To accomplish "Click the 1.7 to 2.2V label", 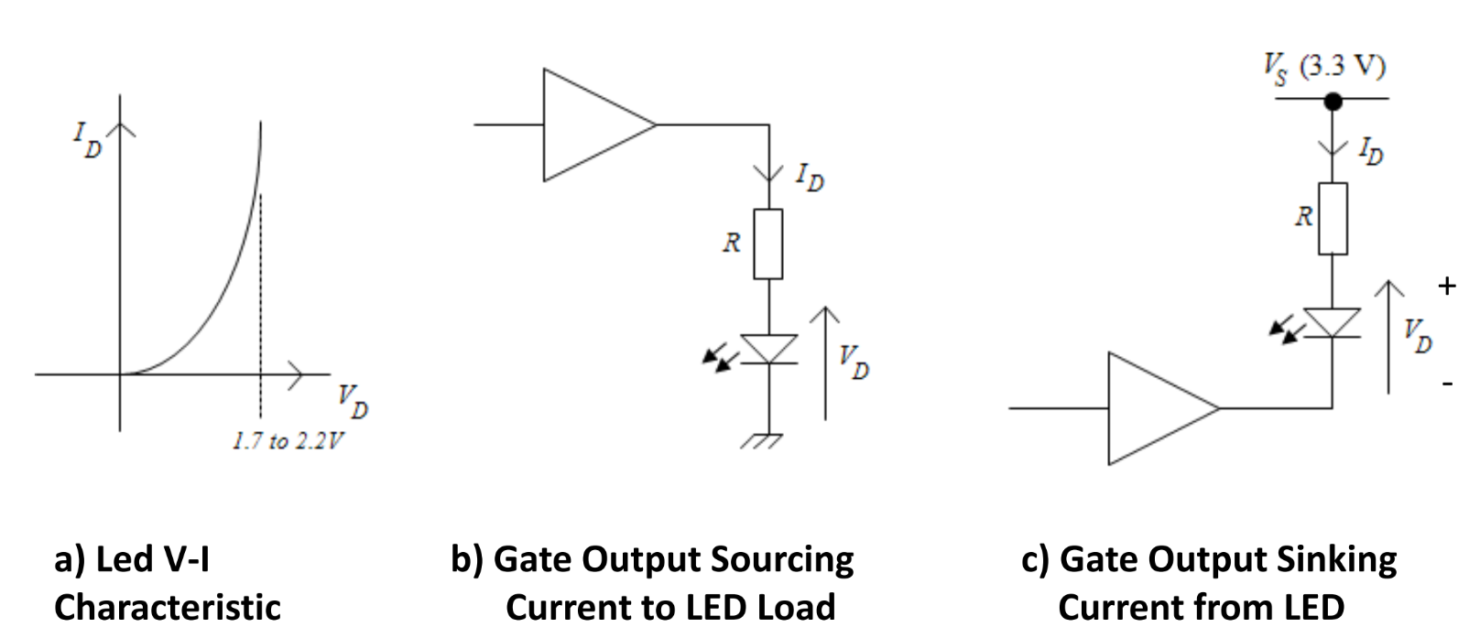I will (x=288, y=441).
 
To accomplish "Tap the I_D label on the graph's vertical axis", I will (x=88, y=139).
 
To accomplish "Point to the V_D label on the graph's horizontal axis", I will (x=353, y=401).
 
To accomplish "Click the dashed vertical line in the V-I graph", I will (x=261, y=302).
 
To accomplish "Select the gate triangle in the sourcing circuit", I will (x=591, y=124).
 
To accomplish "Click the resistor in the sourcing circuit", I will (x=767, y=243).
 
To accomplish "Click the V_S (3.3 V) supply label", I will (x=1324, y=67).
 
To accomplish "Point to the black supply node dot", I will (x=1333, y=101).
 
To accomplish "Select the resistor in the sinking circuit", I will (x=1333, y=219).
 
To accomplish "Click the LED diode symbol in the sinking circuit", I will (x=1332, y=323).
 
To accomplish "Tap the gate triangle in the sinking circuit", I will (x=1156, y=408).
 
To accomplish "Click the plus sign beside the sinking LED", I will (x=1447, y=287).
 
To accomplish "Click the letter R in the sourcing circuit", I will (x=731, y=243).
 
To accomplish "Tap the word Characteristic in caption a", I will (x=168, y=607).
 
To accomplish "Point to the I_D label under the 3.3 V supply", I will (x=1370, y=151).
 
